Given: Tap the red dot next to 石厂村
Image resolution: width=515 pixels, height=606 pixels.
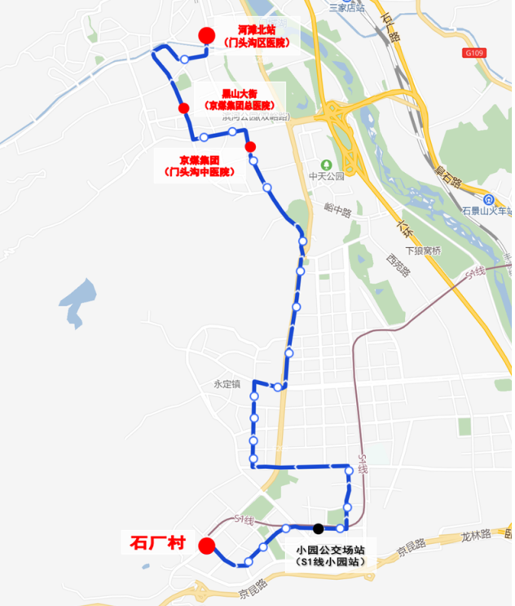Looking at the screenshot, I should pyautogui.click(x=207, y=546).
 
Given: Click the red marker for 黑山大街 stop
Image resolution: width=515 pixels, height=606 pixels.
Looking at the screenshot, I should pyautogui.click(x=184, y=108).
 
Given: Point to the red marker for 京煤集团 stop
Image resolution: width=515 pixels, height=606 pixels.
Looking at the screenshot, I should pyautogui.click(x=250, y=147).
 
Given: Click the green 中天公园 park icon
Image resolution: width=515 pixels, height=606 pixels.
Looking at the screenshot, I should pyautogui.click(x=326, y=161).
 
